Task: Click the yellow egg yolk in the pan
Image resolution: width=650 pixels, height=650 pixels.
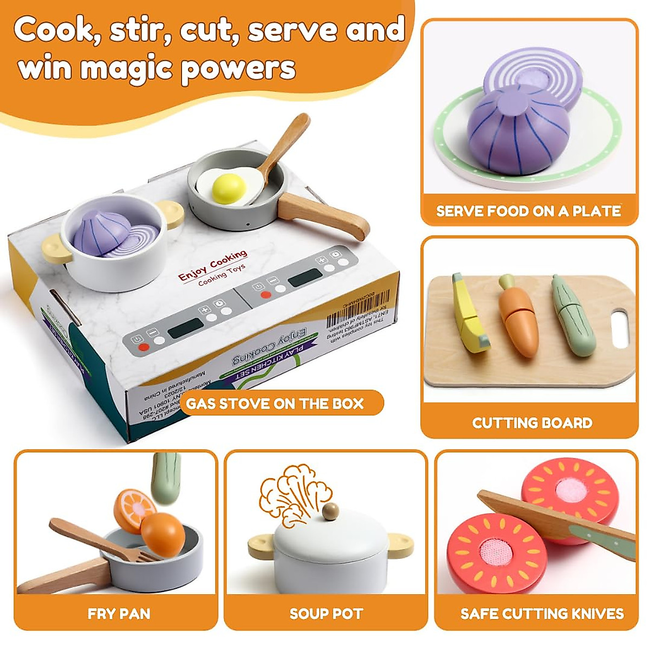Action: [229, 187]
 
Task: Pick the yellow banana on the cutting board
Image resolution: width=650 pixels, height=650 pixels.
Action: [470, 316]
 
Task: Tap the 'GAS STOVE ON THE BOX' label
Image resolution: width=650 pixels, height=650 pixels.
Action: [275, 404]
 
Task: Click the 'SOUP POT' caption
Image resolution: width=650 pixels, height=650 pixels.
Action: [326, 614]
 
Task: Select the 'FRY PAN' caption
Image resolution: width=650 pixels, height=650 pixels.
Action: [119, 614]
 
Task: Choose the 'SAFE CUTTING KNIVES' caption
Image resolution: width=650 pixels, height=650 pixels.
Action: [542, 614]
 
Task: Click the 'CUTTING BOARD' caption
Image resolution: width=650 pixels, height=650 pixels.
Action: [532, 423]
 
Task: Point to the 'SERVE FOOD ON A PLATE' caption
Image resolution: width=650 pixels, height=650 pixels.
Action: [529, 211]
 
